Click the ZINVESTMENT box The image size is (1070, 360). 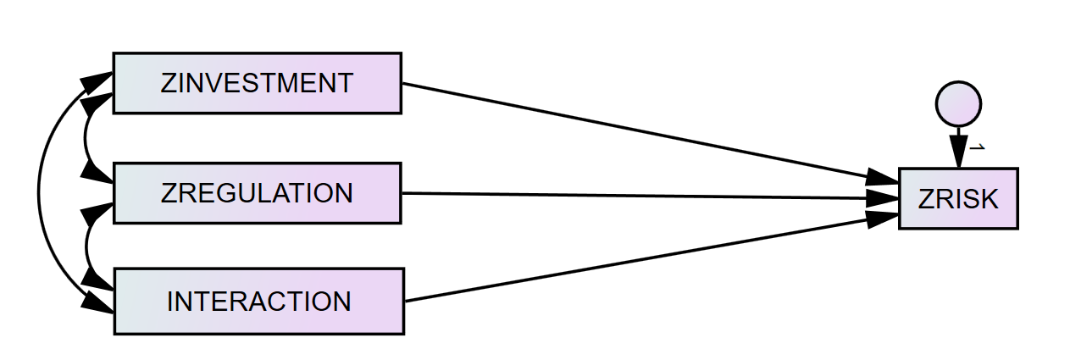[257, 83]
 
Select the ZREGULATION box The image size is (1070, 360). [257, 193]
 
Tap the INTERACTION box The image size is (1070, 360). [258, 302]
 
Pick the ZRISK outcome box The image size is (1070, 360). [958, 199]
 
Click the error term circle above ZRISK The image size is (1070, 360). [958, 104]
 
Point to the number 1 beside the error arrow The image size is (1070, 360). [977, 147]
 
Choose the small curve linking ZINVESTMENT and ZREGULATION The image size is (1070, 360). [87, 137]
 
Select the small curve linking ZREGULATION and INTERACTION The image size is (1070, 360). [87, 246]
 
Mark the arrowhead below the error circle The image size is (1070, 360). [958, 156]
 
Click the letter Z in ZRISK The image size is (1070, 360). [924, 200]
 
